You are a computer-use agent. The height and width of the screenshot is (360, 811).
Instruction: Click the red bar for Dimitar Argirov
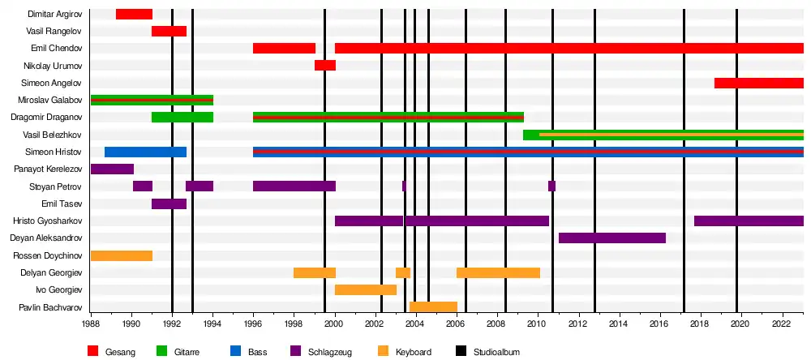[x=134, y=14]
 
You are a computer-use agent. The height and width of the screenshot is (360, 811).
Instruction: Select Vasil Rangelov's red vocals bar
[x=169, y=31]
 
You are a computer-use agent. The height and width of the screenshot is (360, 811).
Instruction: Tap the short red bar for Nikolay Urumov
[x=325, y=65]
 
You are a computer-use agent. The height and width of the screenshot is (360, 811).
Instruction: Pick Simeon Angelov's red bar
[x=758, y=83]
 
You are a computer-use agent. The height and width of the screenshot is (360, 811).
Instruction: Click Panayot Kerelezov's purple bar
[x=112, y=169]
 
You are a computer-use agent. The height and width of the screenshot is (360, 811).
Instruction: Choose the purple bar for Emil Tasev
[x=169, y=204]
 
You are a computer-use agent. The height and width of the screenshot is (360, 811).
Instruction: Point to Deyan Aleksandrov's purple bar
[x=612, y=238]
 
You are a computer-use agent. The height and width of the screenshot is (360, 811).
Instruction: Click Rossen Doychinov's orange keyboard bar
[x=122, y=255]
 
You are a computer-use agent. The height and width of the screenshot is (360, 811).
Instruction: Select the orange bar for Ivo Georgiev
[x=366, y=289]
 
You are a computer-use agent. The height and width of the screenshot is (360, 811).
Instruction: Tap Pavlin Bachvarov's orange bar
[x=433, y=306]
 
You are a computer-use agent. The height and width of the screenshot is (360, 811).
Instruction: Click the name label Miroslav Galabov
[x=49, y=100]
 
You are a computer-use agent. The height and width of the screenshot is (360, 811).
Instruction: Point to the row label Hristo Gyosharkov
[x=47, y=221]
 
